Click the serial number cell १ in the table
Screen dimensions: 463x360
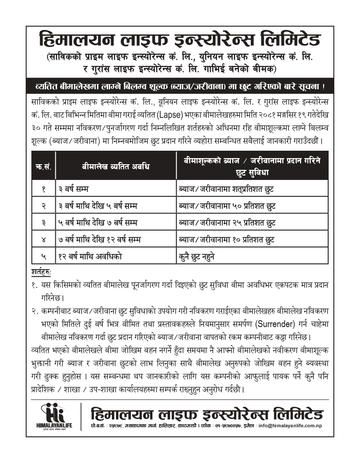pos(44,189)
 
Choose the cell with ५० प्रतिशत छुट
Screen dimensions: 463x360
pos(227,206)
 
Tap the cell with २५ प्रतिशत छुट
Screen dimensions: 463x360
pos(227,223)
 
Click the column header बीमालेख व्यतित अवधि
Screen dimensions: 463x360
pos(116,166)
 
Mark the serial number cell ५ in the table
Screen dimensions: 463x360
pos(44,257)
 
